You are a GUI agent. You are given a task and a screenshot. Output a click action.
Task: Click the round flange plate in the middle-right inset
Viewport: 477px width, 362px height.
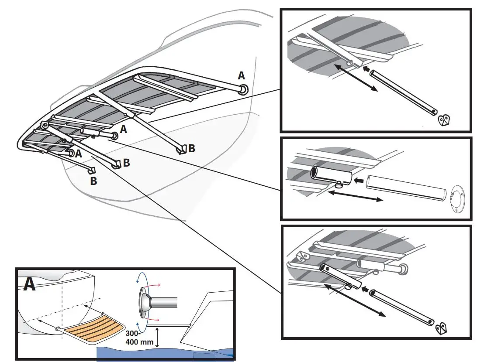click(456, 200)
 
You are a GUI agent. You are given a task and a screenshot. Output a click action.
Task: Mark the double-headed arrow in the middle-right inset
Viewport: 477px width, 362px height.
click(355, 196)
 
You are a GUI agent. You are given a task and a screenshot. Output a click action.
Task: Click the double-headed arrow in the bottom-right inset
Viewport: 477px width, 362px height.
click(355, 300)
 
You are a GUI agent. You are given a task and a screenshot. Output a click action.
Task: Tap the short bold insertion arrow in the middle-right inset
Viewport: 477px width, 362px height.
click(359, 179)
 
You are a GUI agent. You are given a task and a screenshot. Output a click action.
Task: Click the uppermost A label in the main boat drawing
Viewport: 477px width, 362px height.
click(241, 76)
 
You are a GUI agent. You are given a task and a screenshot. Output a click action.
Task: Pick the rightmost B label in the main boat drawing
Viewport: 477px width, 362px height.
click(191, 148)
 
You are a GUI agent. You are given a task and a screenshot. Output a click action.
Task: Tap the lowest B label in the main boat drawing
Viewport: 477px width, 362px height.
click(93, 180)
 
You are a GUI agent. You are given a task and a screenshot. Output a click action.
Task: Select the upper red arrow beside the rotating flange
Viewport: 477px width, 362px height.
click(152, 284)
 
